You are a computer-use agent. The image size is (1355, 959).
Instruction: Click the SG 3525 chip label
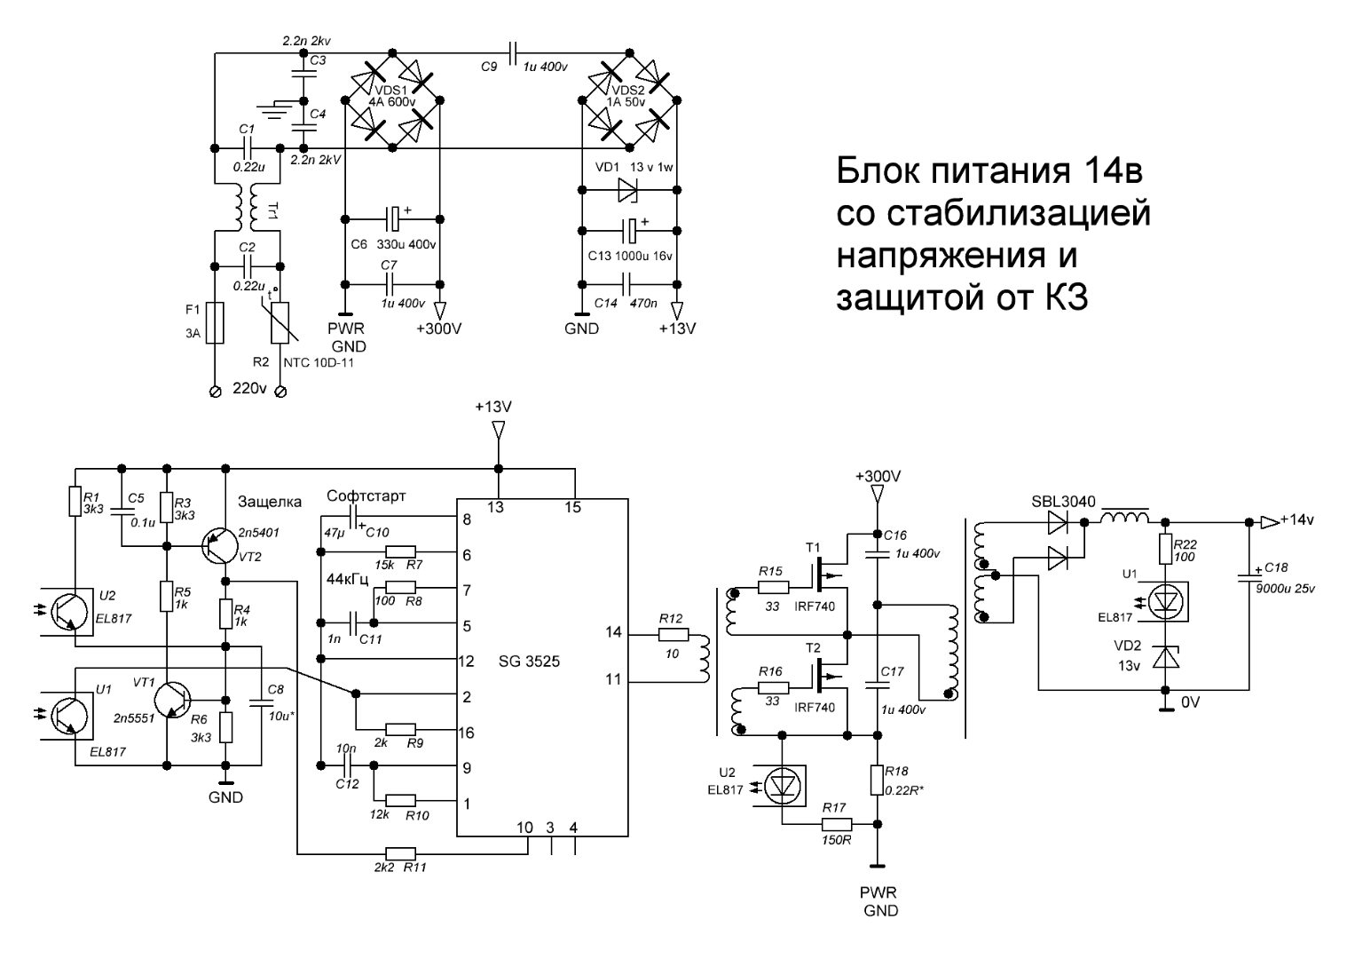click(x=529, y=662)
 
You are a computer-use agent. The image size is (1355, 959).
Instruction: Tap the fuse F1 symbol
click(x=213, y=321)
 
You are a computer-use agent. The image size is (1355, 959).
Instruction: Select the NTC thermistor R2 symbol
click(x=280, y=321)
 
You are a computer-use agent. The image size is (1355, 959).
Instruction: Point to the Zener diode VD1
click(x=628, y=189)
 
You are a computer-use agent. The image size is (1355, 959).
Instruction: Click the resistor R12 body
click(x=673, y=634)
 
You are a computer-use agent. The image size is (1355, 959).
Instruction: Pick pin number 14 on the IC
click(x=611, y=633)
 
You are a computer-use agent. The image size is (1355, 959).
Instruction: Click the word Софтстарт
click(x=366, y=495)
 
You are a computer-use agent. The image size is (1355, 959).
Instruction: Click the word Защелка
click(x=269, y=503)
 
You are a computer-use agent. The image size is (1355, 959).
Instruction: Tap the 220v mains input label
click(x=248, y=388)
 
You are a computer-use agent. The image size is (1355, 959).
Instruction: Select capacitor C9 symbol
click(x=513, y=53)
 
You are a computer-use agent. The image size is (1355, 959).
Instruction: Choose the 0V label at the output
click(x=1190, y=701)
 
